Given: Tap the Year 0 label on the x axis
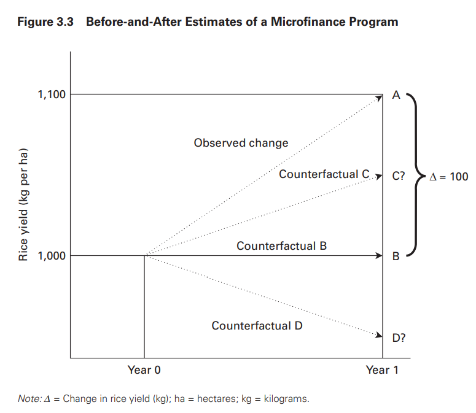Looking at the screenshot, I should pos(144,370).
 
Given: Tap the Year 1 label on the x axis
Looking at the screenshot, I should pos(382,370).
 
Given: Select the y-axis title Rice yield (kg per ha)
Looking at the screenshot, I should pos(24,205).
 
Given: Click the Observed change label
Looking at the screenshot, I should pos(241,143).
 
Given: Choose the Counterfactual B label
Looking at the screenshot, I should pos(281,246).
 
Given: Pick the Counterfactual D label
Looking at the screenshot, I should pos(257,325).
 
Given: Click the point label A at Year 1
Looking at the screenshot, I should pos(396,95).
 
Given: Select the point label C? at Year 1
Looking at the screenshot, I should pos(399,176).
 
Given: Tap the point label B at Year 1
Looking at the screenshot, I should pos(396,257).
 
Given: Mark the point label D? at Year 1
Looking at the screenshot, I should pos(399,337).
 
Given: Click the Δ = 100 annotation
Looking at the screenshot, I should pos(448,176).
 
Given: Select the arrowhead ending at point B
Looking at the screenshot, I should pos(379,256).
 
